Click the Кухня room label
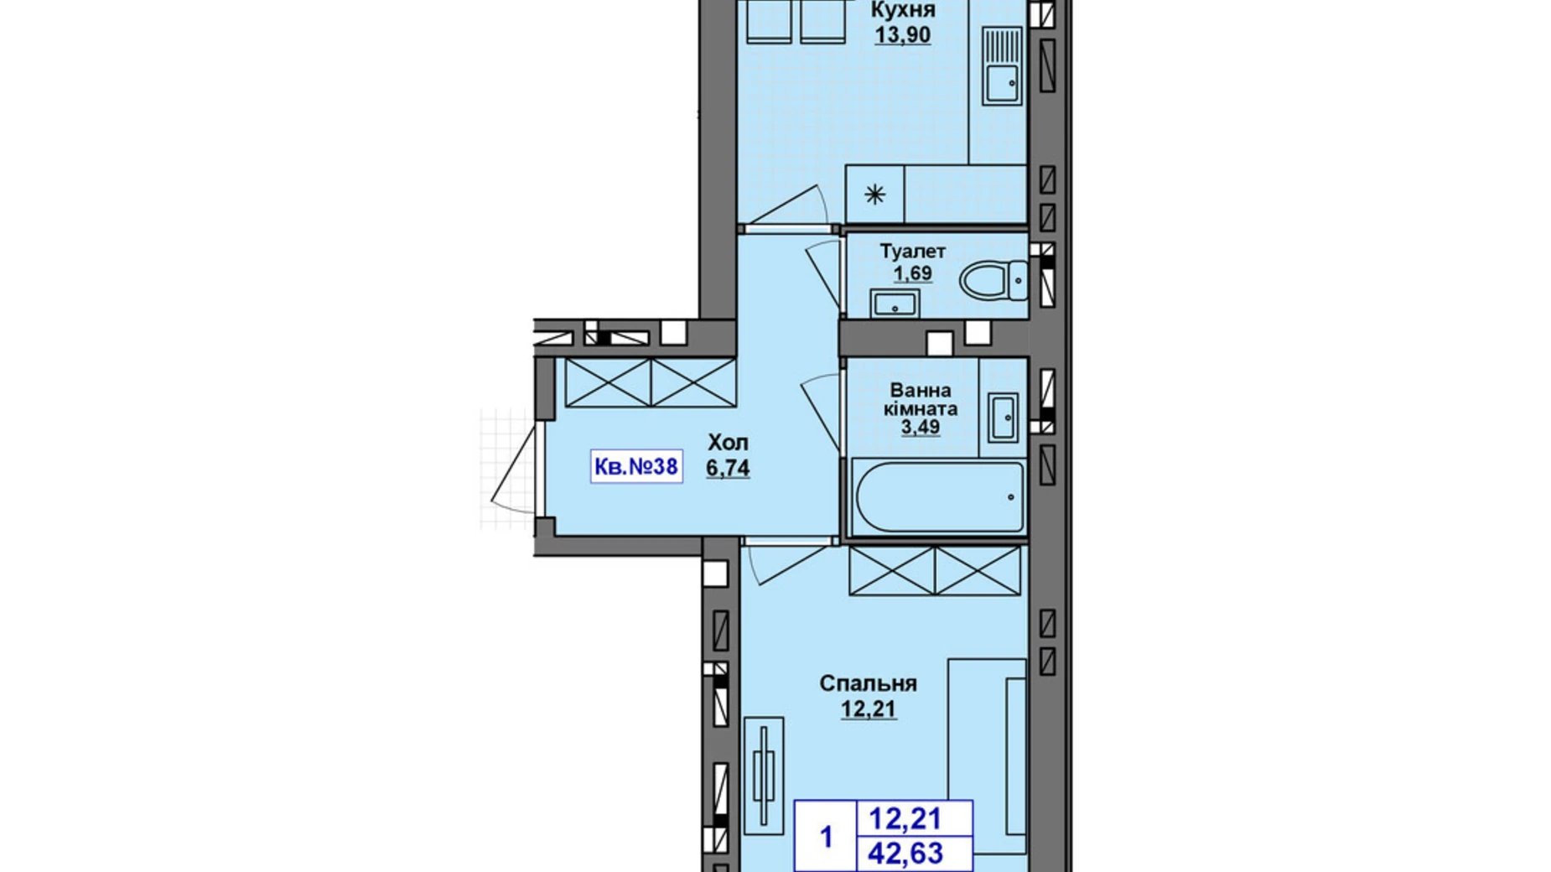point(903,10)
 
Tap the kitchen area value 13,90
point(903,35)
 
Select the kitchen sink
point(1002,65)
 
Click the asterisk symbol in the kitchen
point(874,195)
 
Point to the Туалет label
point(912,252)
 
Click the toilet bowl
point(994,280)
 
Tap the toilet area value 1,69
point(912,273)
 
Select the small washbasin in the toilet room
point(895,303)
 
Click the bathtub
point(937,497)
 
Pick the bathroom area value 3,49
point(920,428)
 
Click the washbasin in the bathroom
point(1003,417)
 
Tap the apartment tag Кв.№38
point(636,465)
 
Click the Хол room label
point(728,443)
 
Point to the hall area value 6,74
point(728,468)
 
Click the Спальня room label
point(868,684)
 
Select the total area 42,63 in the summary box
point(905,854)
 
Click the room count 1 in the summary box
point(827,837)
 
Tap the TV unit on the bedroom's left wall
point(764,776)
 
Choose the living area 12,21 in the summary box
point(905,817)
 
